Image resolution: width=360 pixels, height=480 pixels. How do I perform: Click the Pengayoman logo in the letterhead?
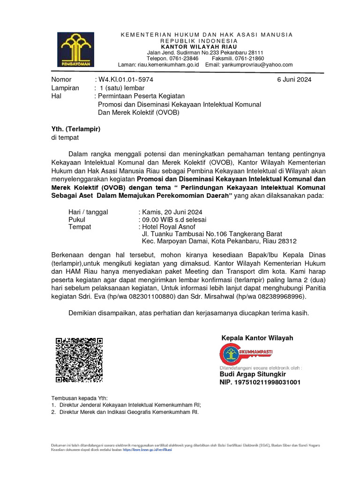click(75, 50)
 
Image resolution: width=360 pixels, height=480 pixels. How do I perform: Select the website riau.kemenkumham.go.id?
click(168, 65)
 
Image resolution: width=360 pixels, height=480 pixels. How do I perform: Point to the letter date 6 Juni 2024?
click(294, 80)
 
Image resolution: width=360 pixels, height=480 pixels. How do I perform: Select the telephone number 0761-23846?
click(183, 59)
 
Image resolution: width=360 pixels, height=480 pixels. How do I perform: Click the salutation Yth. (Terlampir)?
click(75, 129)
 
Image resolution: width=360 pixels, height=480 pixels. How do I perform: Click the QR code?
click(79, 360)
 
